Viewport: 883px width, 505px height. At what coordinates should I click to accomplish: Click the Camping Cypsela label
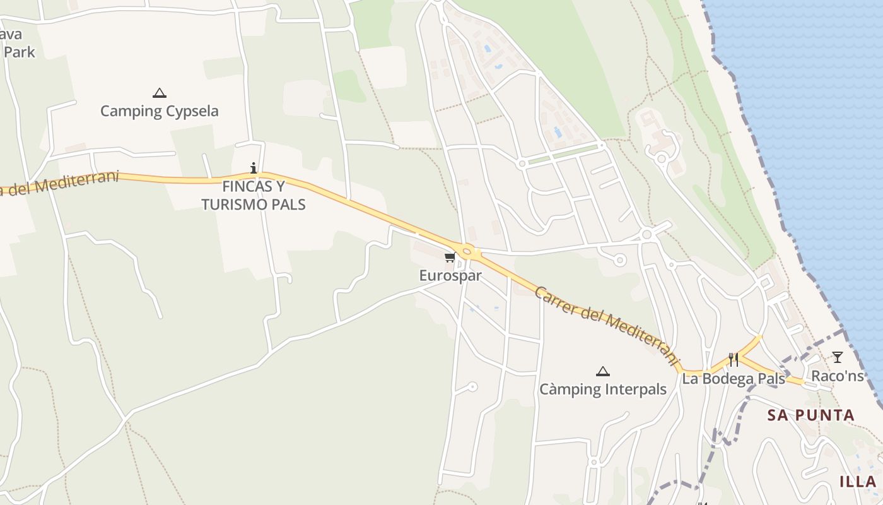pyautogui.click(x=160, y=111)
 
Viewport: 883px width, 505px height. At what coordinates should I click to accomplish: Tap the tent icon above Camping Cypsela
pyautogui.click(x=160, y=93)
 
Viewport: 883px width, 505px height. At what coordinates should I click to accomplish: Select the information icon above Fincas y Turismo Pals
pyautogui.click(x=254, y=168)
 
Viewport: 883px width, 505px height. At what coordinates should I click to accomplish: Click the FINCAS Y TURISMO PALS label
pyautogui.click(x=254, y=195)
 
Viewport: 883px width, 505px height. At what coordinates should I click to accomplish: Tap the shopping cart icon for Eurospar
pyautogui.click(x=450, y=257)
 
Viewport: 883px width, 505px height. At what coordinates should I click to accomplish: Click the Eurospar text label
pyautogui.click(x=450, y=276)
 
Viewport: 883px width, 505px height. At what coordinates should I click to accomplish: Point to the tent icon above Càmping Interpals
pyautogui.click(x=603, y=371)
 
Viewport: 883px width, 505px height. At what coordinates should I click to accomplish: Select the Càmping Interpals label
pyautogui.click(x=603, y=389)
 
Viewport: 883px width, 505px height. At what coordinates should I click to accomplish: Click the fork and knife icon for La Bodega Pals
pyautogui.click(x=734, y=360)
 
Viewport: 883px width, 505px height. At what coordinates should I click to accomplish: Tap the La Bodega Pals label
pyautogui.click(x=734, y=379)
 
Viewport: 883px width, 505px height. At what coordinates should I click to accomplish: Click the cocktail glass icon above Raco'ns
pyautogui.click(x=837, y=357)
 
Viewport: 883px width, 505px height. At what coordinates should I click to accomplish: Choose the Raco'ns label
pyautogui.click(x=837, y=376)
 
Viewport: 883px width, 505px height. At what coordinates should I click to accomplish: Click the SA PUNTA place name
pyautogui.click(x=810, y=415)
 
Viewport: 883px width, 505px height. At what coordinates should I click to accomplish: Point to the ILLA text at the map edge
pyautogui.click(x=858, y=482)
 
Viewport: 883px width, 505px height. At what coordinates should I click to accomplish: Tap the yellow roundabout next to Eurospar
pyautogui.click(x=467, y=251)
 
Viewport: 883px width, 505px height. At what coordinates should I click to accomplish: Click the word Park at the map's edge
pyautogui.click(x=20, y=52)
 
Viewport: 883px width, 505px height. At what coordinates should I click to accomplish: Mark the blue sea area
pyautogui.click(x=820, y=126)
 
